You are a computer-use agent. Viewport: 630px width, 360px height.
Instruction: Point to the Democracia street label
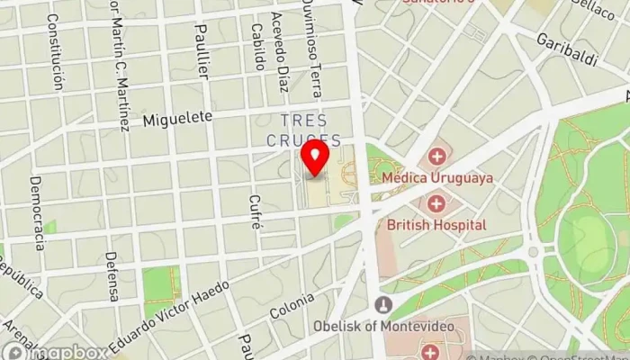[x=38, y=212]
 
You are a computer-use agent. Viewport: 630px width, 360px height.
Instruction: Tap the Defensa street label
[x=112, y=276]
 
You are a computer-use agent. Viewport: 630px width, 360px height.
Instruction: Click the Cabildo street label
[x=258, y=46]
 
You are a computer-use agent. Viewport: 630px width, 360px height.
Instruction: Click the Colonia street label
[x=292, y=306]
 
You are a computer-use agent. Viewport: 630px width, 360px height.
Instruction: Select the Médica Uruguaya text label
[x=437, y=178]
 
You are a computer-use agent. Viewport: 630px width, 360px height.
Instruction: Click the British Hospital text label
[x=436, y=224]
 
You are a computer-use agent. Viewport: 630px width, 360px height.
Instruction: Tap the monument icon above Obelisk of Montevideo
[x=384, y=304]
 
